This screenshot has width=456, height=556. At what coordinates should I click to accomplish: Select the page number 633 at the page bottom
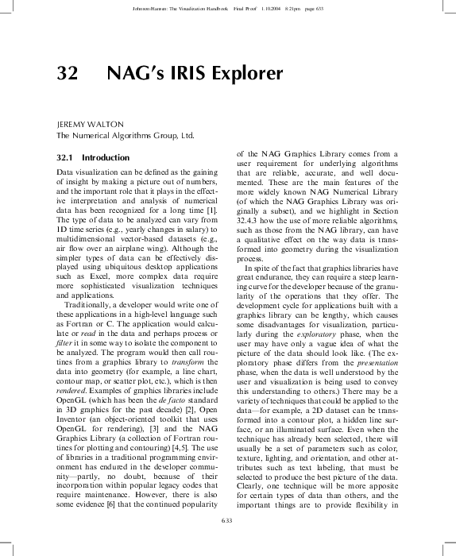(227, 520)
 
